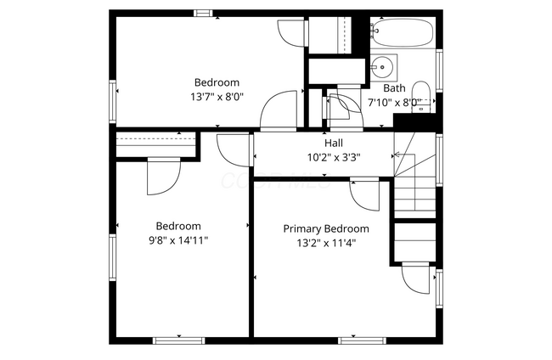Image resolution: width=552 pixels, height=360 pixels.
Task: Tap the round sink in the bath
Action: tap(382, 65)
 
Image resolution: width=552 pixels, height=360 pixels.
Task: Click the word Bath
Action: tap(394, 87)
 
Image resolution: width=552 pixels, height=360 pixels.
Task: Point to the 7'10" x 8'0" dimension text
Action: tap(393, 102)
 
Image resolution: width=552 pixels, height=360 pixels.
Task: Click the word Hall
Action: tap(322, 143)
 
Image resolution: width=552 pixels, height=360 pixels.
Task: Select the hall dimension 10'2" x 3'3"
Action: tap(322, 157)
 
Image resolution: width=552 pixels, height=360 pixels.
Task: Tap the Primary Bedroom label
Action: tap(326, 228)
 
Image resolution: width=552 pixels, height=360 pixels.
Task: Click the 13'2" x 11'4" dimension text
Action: tap(326, 243)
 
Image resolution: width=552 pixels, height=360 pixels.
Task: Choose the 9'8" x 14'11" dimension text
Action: tap(178, 240)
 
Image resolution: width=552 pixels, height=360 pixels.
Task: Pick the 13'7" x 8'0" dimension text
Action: tap(217, 97)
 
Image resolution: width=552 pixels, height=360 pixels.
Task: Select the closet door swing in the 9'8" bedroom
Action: tap(161, 177)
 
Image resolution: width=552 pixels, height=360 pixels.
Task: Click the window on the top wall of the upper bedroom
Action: tap(203, 13)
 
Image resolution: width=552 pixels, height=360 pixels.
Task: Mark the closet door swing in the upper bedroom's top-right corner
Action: tap(290, 34)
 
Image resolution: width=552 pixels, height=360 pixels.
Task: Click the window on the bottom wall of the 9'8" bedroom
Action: tap(178, 340)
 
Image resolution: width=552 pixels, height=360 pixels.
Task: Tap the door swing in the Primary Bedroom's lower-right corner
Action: tap(416, 278)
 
